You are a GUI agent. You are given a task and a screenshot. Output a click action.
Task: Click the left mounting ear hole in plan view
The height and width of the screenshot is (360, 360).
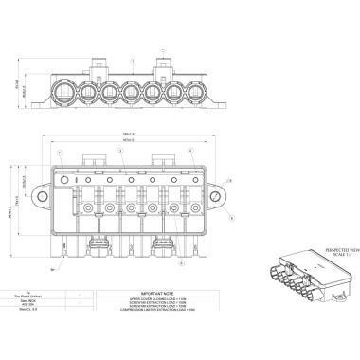(x=45, y=196)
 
